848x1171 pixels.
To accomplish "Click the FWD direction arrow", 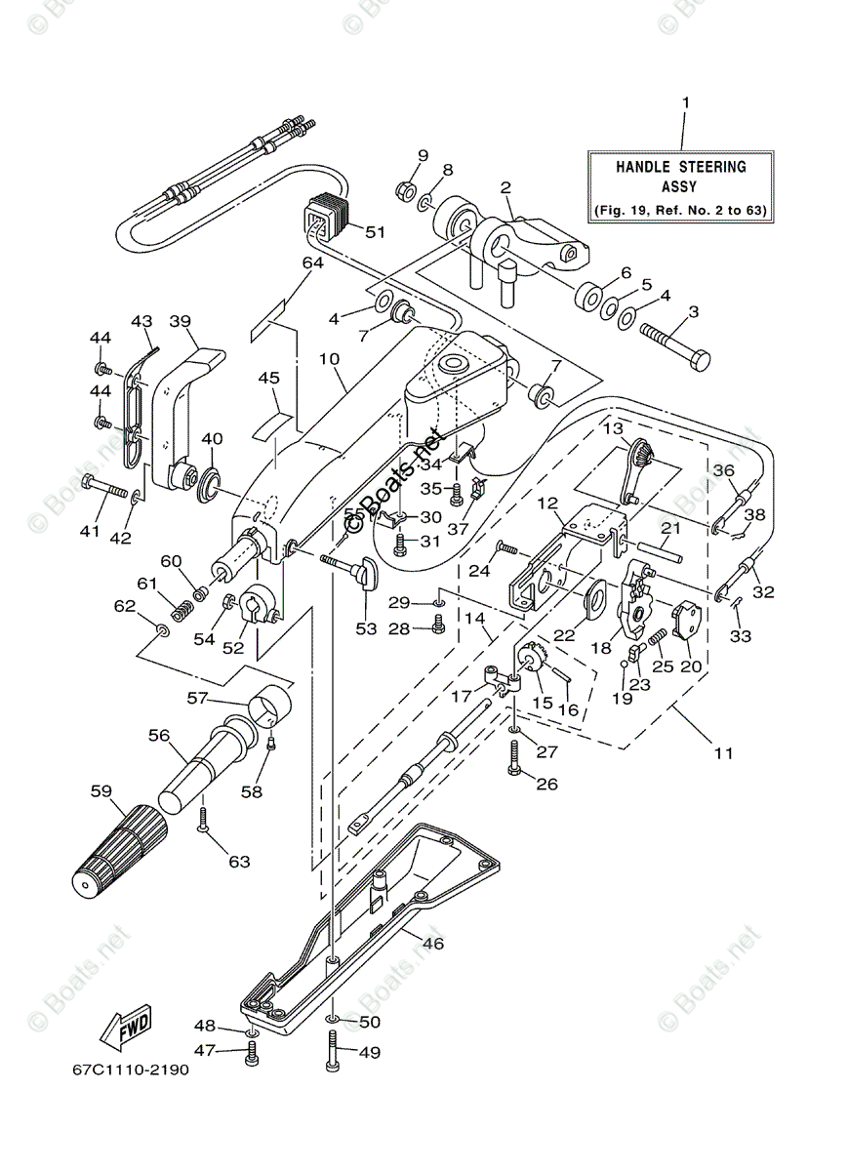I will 125,1026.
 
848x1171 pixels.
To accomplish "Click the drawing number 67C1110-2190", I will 130,1070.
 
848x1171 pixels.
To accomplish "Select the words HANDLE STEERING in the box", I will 681,167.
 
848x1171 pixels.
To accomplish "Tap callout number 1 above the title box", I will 685,102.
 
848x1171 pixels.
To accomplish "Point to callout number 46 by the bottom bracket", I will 432,943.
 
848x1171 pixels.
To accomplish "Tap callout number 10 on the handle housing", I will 329,359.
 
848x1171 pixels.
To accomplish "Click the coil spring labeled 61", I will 181,610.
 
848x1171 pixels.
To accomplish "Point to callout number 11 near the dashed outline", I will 723,752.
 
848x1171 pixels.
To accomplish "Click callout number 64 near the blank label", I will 312,263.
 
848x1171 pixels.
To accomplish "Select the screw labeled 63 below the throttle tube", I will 205,820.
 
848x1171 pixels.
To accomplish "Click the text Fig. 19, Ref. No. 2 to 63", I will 681,210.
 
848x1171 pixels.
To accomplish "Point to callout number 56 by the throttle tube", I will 158,736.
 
